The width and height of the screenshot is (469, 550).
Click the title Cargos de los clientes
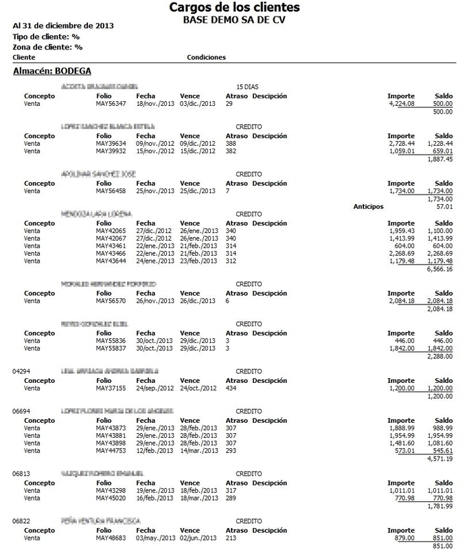click(x=234, y=8)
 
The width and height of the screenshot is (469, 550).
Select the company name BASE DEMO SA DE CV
click(x=234, y=20)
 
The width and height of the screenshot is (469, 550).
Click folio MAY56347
click(x=111, y=103)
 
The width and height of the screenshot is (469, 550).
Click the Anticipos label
click(x=368, y=206)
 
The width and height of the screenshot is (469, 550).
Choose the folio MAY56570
click(x=111, y=300)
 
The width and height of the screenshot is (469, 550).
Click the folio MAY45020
click(x=111, y=498)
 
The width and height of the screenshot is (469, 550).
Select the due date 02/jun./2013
click(x=198, y=538)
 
